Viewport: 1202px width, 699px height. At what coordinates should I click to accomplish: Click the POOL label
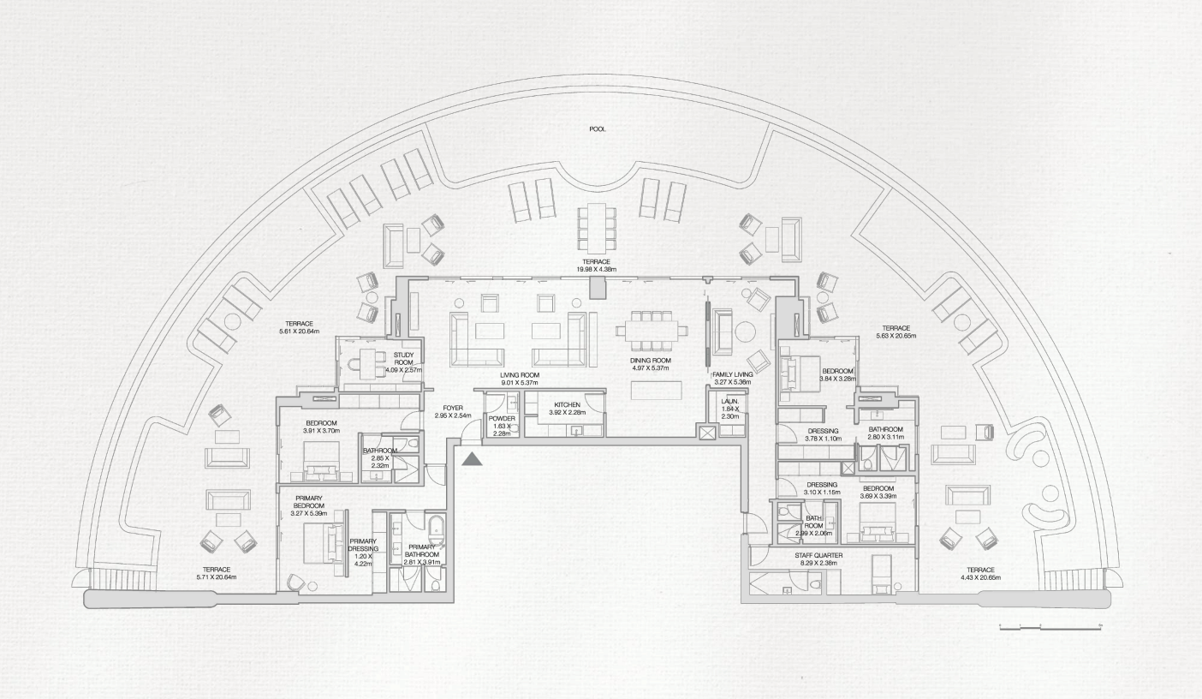(x=597, y=129)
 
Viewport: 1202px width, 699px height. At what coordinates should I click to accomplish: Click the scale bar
(x=1050, y=629)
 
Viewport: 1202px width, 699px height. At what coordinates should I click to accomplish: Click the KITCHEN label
(x=567, y=404)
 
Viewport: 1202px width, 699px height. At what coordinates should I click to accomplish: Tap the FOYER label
(x=453, y=408)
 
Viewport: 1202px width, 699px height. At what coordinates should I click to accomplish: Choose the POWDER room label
(x=502, y=418)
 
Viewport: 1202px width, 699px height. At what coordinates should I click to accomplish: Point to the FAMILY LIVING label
(x=732, y=374)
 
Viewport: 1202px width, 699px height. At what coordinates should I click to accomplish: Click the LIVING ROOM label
(x=520, y=375)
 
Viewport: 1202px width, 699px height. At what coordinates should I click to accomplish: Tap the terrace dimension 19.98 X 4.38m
(x=597, y=268)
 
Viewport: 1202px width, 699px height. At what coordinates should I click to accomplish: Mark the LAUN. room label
(x=730, y=401)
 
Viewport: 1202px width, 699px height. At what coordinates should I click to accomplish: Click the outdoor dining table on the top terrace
(x=597, y=224)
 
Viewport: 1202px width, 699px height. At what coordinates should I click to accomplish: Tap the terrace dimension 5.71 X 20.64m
(x=217, y=577)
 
